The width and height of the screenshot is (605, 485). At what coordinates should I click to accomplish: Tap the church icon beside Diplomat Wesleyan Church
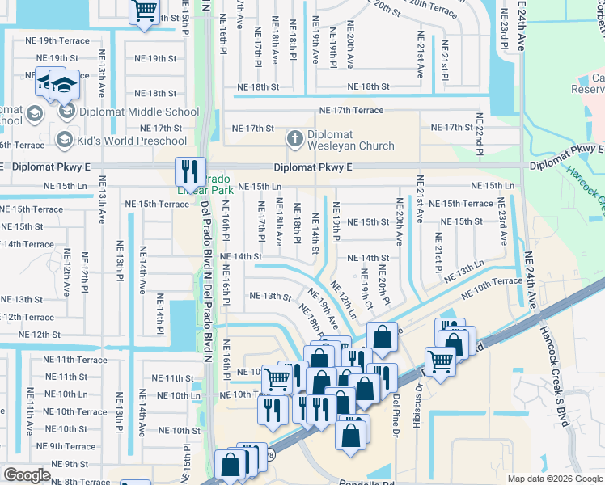[x=295, y=140]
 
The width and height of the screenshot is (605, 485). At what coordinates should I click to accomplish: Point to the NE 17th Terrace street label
[x=351, y=110]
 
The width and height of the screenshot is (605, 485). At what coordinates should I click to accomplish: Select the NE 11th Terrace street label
[x=75, y=360]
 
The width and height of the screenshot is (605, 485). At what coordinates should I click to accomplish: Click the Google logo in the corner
[x=27, y=475]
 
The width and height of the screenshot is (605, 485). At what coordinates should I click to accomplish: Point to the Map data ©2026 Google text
[x=555, y=479]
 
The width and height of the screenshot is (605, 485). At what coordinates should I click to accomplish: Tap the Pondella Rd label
[x=359, y=480]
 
